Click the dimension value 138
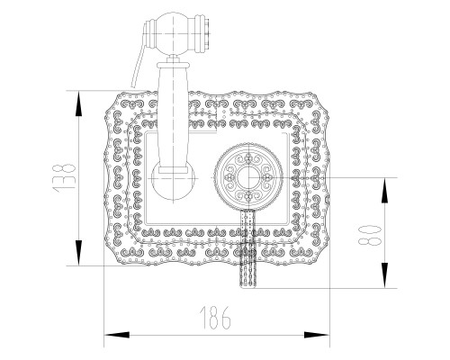coord(63,177)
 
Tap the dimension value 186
coord(215,318)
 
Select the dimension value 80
coord(370,236)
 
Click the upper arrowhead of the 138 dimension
coord(78,103)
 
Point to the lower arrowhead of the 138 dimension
coord(78,253)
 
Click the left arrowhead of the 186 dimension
coord(117,335)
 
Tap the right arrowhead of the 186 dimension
coord(317,335)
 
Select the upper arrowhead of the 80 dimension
coord(384,191)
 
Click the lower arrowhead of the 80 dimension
coord(384,275)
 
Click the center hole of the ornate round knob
coord(248,177)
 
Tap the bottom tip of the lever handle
coord(247,286)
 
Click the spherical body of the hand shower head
coord(173,33)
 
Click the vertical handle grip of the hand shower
coord(173,116)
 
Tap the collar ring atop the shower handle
coord(173,64)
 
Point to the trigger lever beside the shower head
coord(139,61)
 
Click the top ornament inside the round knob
coord(248,157)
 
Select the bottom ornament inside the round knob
coord(248,197)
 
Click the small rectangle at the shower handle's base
coord(173,170)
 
